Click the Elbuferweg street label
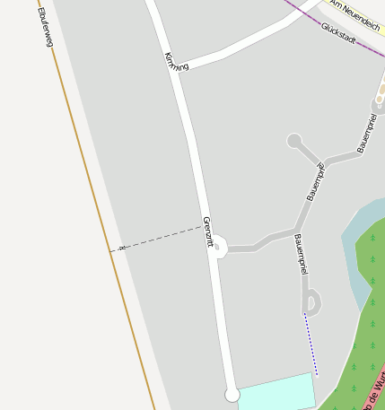point(46,28)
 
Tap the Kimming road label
point(177,62)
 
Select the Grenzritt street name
point(208,231)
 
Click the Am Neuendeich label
point(355,15)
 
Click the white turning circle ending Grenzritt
point(232,395)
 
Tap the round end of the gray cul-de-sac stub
point(294,141)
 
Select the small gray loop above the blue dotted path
point(311,301)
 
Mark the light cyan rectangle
point(277,392)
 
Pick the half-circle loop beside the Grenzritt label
point(222,246)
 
